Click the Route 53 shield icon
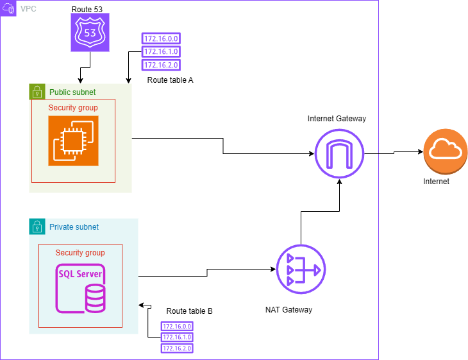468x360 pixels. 89,33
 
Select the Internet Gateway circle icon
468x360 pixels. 339,154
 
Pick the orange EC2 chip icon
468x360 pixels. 73,141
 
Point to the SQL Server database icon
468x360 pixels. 81,287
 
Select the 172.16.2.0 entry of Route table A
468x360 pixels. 161,65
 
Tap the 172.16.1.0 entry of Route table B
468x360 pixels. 177,337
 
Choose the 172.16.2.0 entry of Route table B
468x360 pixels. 177,348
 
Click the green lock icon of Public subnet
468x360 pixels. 37,92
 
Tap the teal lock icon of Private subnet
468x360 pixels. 37,227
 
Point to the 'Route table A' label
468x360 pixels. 170,80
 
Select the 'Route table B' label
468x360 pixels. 189,311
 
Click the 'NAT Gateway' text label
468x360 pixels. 288,310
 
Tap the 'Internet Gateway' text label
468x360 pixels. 337,119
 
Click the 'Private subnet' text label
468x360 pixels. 74,227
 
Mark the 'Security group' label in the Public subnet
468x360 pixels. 73,108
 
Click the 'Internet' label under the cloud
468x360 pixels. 436,182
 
